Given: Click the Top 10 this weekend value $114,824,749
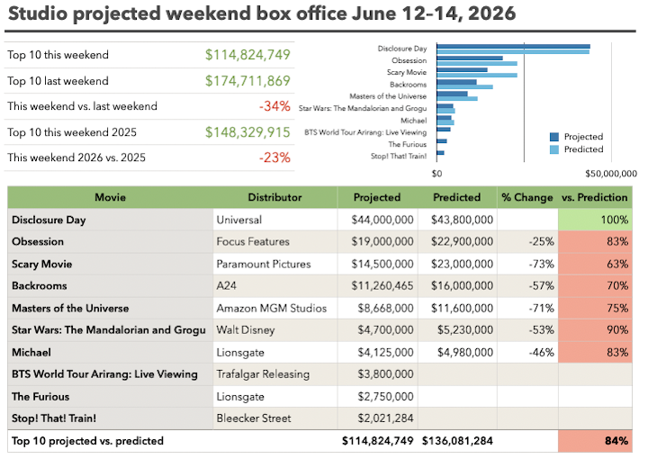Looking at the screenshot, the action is (x=247, y=55).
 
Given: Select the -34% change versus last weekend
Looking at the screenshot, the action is (x=274, y=106).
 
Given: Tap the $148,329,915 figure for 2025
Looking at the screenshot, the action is (x=247, y=132).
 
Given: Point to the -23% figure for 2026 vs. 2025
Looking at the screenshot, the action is (x=274, y=157).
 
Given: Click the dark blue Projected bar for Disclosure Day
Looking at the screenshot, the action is (x=513, y=47).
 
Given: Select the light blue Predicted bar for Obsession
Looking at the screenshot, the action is (x=477, y=63).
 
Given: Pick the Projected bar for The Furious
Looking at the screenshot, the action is (x=442, y=141).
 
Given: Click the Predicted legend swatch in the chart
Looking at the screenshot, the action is (x=554, y=149).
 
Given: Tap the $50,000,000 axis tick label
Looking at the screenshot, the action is (x=611, y=174).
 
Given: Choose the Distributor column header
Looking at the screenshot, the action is (x=274, y=197).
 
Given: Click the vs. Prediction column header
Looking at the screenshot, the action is (x=595, y=197).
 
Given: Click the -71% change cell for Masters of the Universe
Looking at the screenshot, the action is (x=542, y=308).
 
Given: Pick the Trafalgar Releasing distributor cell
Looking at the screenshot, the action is (x=263, y=374).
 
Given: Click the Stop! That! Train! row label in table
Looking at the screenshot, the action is (x=54, y=418).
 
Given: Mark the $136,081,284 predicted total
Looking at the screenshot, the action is (x=457, y=441).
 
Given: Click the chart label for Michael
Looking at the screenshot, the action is (x=413, y=121).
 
